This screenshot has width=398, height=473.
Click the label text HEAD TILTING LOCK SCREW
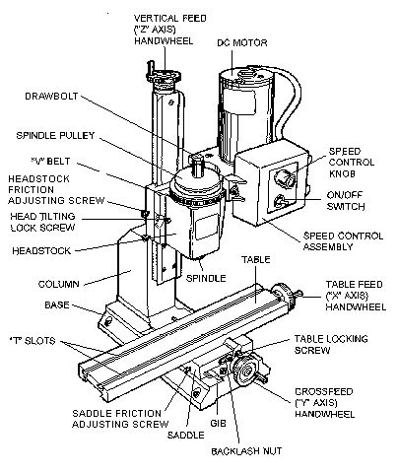tap(40, 222)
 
